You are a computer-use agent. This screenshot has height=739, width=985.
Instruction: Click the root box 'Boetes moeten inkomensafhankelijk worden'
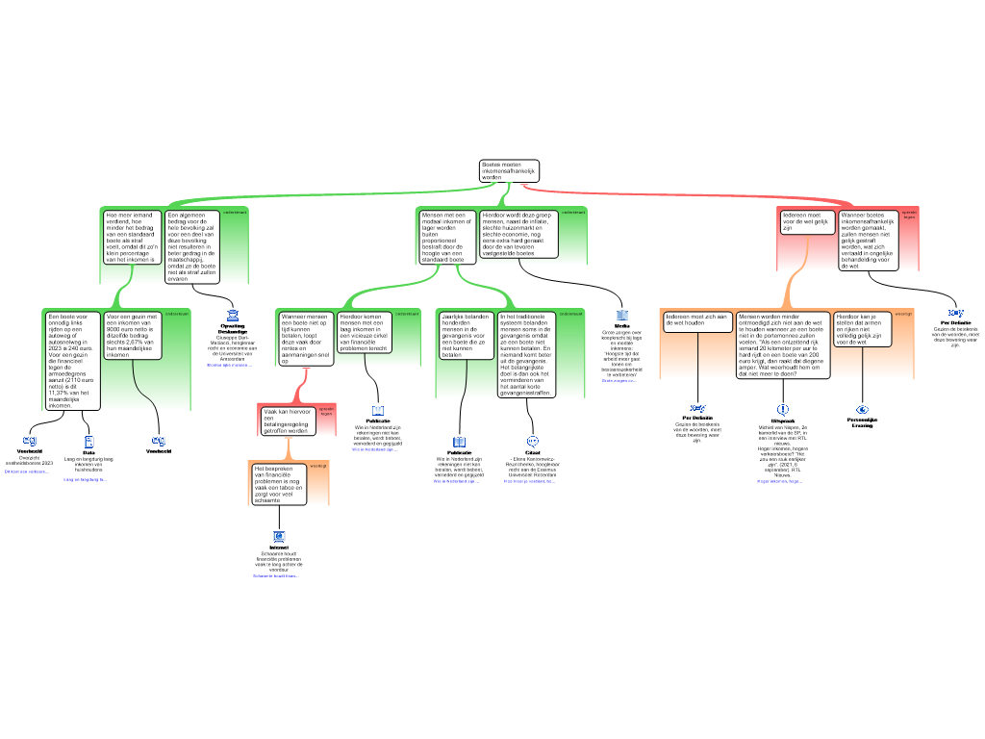click(509, 171)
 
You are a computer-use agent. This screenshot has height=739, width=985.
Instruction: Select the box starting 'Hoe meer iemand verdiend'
click(131, 238)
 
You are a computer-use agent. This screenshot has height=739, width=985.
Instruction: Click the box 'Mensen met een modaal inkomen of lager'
click(446, 238)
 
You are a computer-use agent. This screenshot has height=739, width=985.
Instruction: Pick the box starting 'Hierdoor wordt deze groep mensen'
click(518, 234)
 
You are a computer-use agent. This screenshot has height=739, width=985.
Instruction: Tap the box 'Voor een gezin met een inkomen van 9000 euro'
click(132, 336)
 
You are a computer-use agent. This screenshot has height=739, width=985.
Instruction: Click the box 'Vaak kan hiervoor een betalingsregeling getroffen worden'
click(287, 421)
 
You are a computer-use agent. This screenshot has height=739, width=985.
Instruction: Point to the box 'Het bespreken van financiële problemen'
click(279, 484)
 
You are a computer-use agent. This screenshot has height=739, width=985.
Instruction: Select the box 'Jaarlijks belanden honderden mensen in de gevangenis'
click(466, 336)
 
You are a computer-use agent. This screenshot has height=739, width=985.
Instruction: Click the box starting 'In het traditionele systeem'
click(525, 354)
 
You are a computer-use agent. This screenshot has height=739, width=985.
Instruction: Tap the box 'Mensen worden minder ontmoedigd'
click(782, 344)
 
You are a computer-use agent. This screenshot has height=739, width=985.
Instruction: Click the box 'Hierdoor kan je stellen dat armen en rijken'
click(863, 328)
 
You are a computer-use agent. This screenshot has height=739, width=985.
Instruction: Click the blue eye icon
click(862, 410)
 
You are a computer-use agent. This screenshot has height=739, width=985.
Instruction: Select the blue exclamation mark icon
click(783, 410)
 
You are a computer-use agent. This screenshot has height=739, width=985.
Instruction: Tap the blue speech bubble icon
click(533, 442)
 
